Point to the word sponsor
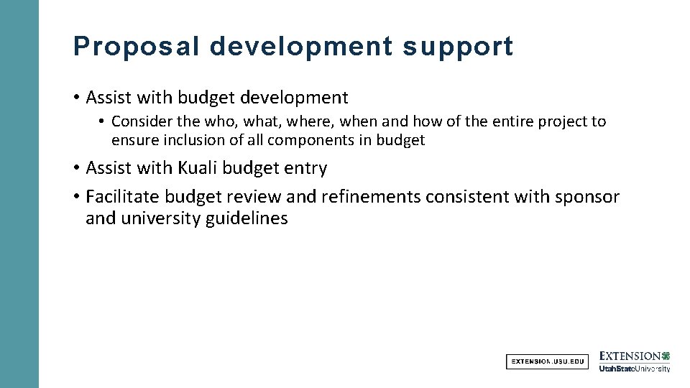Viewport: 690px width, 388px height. point(588,196)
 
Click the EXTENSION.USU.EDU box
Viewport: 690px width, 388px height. point(547,361)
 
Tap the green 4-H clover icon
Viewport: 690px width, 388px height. point(666,356)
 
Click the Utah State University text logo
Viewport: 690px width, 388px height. point(635,369)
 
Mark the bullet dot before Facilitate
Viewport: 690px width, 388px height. point(76,197)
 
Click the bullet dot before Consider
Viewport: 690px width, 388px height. point(103,122)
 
